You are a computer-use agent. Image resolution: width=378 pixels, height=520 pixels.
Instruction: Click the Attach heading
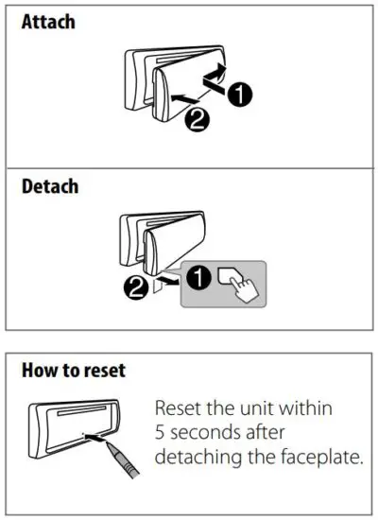click(49, 21)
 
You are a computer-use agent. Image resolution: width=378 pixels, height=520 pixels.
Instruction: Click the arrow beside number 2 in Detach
click(167, 282)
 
